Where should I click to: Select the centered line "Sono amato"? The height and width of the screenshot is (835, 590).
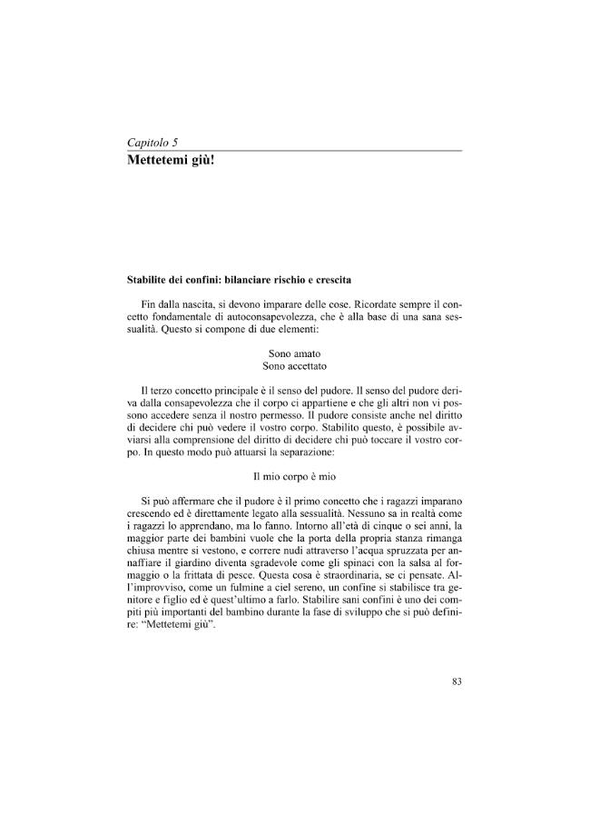294,353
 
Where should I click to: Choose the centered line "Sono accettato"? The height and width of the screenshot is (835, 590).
294,365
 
